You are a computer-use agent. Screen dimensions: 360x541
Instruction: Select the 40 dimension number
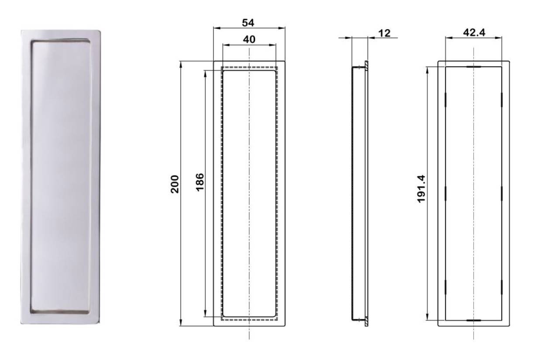pyautogui.click(x=249, y=39)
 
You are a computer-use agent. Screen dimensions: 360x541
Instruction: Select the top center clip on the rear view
pyautogui.click(x=473, y=67)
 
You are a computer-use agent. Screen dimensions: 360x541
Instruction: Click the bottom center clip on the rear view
pyautogui.click(x=473, y=320)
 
